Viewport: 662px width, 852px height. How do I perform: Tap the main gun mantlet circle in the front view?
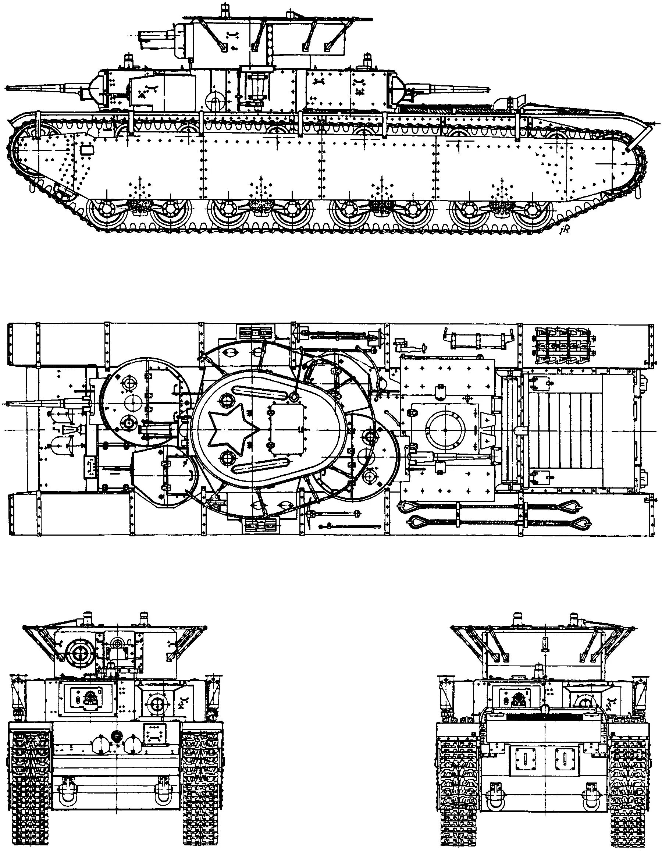[x=81, y=652]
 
